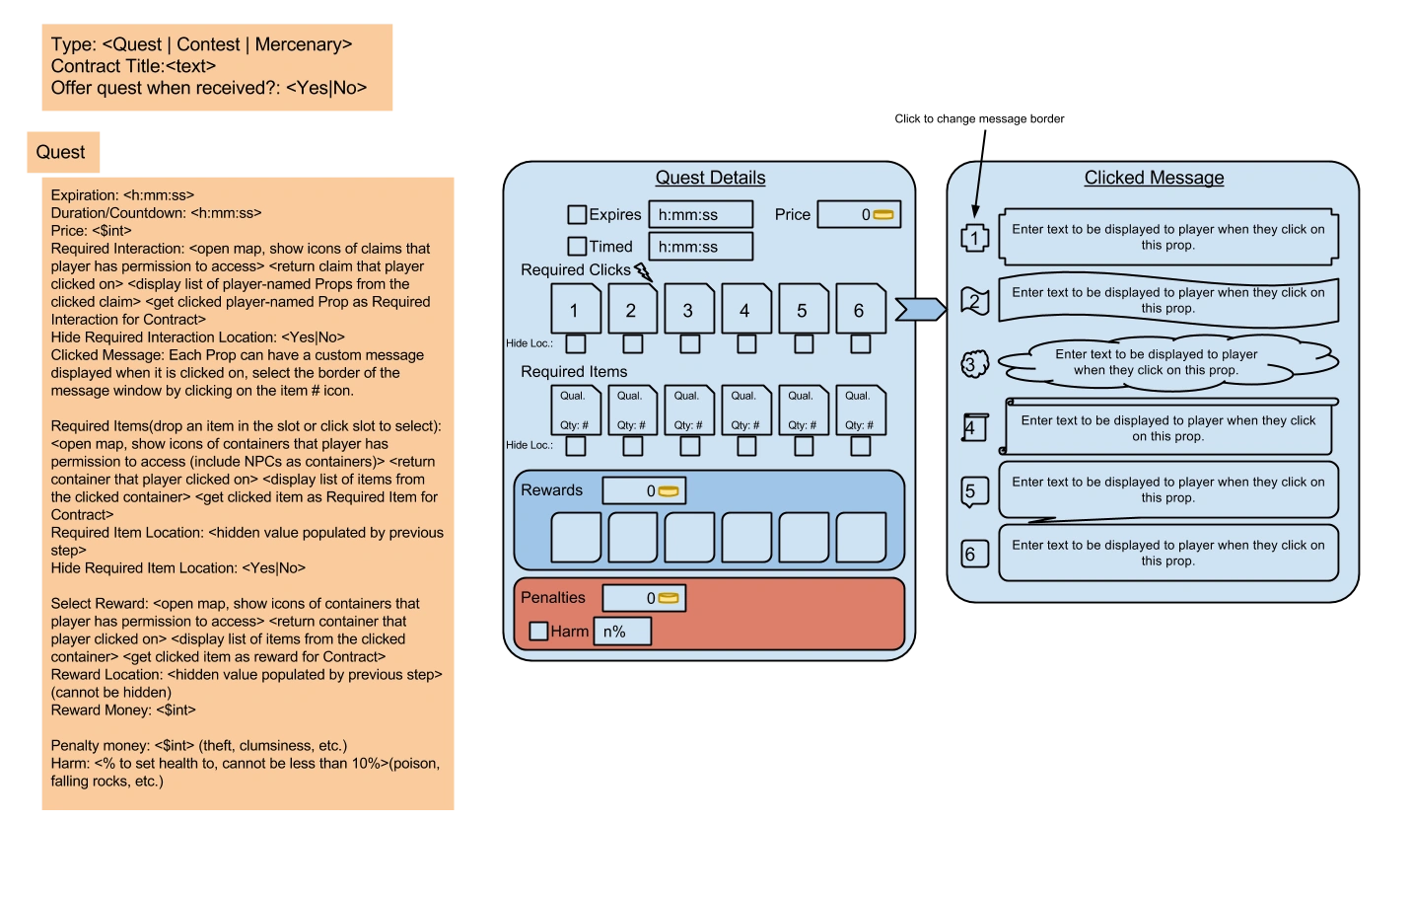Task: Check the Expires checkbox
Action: click(x=577, y=214)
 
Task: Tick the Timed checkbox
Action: click(x=577, y=246)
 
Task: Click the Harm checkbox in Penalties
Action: click(x=538, y=631)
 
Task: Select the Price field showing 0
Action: click(x=859, y=214)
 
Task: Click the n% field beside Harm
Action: click(x=621, y=631)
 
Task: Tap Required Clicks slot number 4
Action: click(x=745, y=310)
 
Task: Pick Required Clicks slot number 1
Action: click(x=575, y=310)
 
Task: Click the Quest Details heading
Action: click(x=710, y=178)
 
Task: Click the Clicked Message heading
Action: click(x=1154, y=178)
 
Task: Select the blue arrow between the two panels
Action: click(x=919, y=310)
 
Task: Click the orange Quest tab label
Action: click(x=61, y=152)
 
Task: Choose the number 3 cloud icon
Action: click(x=973, y=364)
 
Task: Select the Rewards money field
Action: click(x=643, y=490)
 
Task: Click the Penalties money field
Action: click(x=643, y=598)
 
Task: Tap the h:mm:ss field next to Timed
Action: click(x=700, y=246)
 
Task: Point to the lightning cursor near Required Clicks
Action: click(x=643, y=270)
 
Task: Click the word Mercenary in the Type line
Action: click(x=299, y=44)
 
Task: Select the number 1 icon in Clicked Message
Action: click(x=974, y=237)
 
